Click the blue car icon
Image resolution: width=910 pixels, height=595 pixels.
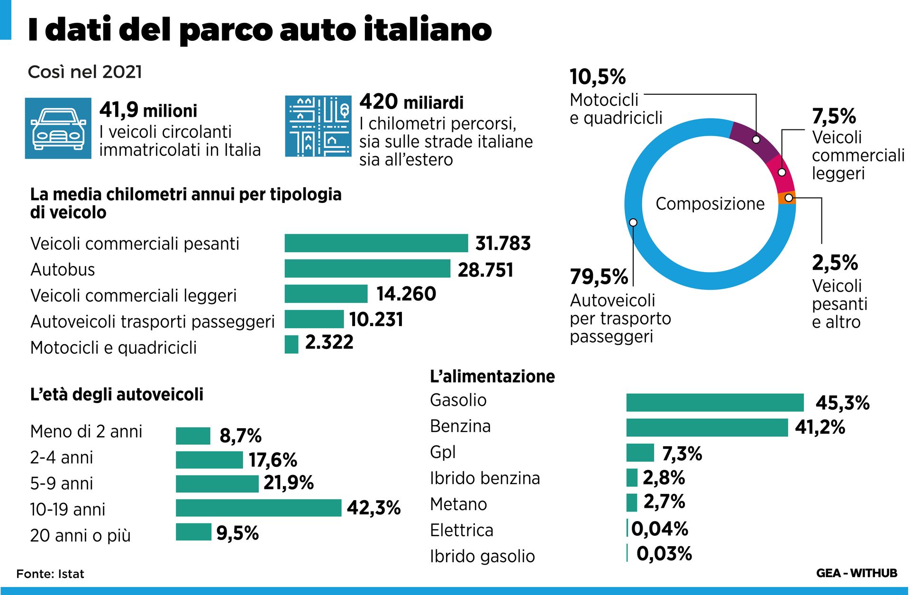(58, 128)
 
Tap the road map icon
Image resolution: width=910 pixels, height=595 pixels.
(318, 126)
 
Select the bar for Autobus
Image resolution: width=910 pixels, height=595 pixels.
(367, 268)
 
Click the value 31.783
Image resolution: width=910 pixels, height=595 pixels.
(503, 243)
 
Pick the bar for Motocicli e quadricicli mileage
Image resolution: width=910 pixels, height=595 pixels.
(291, 344)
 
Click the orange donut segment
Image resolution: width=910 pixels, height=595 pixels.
(787, 198)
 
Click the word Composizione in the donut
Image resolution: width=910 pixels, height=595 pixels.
(710, 204)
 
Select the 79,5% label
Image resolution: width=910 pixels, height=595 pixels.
(599, 277)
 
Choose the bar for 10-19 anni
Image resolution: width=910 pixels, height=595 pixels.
(258, 508)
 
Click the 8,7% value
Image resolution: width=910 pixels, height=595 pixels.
(240, 436)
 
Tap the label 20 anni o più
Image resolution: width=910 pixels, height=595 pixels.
(80, 535)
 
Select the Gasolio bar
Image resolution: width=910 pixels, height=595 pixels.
(715, 403)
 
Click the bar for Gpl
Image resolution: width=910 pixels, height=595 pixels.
(640, 453)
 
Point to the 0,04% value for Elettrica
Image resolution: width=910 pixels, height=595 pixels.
(660, 529)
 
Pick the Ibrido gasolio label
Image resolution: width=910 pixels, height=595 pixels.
(482, 556)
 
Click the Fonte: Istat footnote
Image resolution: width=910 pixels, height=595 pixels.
(50, 574)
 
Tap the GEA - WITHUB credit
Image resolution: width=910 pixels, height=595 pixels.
(856, 573)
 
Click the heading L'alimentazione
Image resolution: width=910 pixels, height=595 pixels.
(492, 376)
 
